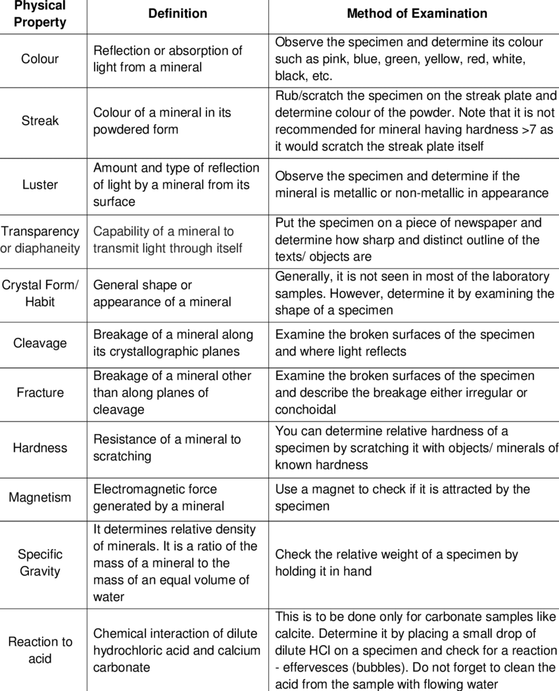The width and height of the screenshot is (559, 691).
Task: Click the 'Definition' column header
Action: tap(178, 14)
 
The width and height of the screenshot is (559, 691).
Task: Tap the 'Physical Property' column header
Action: tap(40, 14)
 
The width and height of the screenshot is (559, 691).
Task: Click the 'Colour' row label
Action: tap(40, 59)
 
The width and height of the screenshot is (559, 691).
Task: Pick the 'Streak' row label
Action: tap(40, 121)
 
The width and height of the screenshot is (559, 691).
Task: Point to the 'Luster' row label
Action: tap(40, 185)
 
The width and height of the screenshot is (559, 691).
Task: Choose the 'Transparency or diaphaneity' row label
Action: tap(40, 240)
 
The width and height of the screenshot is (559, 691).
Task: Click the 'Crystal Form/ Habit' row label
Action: tap(40, 293)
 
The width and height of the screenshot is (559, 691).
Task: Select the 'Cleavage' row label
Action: tap(40, 343)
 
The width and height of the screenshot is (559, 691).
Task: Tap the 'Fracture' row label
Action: tap(40, 393)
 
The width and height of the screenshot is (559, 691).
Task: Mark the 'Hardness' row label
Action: tap(40, 448)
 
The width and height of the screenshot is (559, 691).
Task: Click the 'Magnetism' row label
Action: tap(40, 498)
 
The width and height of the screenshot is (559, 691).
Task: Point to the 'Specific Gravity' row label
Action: tap(40, 563)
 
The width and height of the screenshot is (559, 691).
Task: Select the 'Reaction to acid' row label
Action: tap(40, 650)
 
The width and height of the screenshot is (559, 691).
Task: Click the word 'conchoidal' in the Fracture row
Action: tap(305, 410)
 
